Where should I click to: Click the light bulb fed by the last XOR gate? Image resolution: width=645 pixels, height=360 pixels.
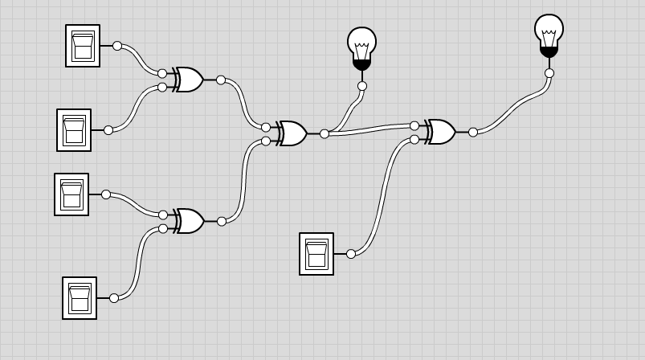pyautogui.click(x=549, y=35)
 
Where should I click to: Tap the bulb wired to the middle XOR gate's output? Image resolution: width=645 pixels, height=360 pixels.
pyautogui.click(x=361, y=47)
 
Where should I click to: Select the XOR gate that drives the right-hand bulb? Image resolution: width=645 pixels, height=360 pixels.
pyautogui.click(x=441, y=132)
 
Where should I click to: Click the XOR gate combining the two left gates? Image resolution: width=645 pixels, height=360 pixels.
pyautogui.click(x=292, y=133)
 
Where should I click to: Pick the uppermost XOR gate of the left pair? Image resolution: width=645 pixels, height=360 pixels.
pyautogui.click(x=190, y=80)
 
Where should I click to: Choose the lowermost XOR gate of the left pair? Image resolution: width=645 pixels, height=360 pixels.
pyautogui.click(x=190, y=221)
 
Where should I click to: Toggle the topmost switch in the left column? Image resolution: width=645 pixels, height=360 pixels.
pyautogui.click(x=83, y=46)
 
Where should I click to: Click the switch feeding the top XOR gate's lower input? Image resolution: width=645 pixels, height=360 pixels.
pyautogui.click(x=74, y=130)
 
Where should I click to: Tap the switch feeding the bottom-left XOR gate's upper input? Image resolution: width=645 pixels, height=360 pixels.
pyautogui.click(x=71, y=194)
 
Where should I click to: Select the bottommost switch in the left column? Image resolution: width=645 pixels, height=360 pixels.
pyautogui.click(x=80, y=298)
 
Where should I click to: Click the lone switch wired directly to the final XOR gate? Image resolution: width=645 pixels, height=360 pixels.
pyautogui.click(x=316, y=254)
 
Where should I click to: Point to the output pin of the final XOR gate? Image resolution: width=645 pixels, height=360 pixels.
pyautogui.click(x=473, y=132)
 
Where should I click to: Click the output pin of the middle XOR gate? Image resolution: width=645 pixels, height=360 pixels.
pyautogui.click(x=325, y=133)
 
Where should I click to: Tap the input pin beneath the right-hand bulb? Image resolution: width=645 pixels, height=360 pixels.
pyautogui.click(x=549, y=73)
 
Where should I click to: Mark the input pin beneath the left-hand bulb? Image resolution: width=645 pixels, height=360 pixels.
pyautogui.click(x=362, y=86)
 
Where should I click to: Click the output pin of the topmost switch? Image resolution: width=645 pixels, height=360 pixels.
pyautogui.click(x=117, y=46)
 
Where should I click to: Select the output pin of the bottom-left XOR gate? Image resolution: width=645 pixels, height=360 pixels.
pyautogui.click(x=222, y=221)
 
